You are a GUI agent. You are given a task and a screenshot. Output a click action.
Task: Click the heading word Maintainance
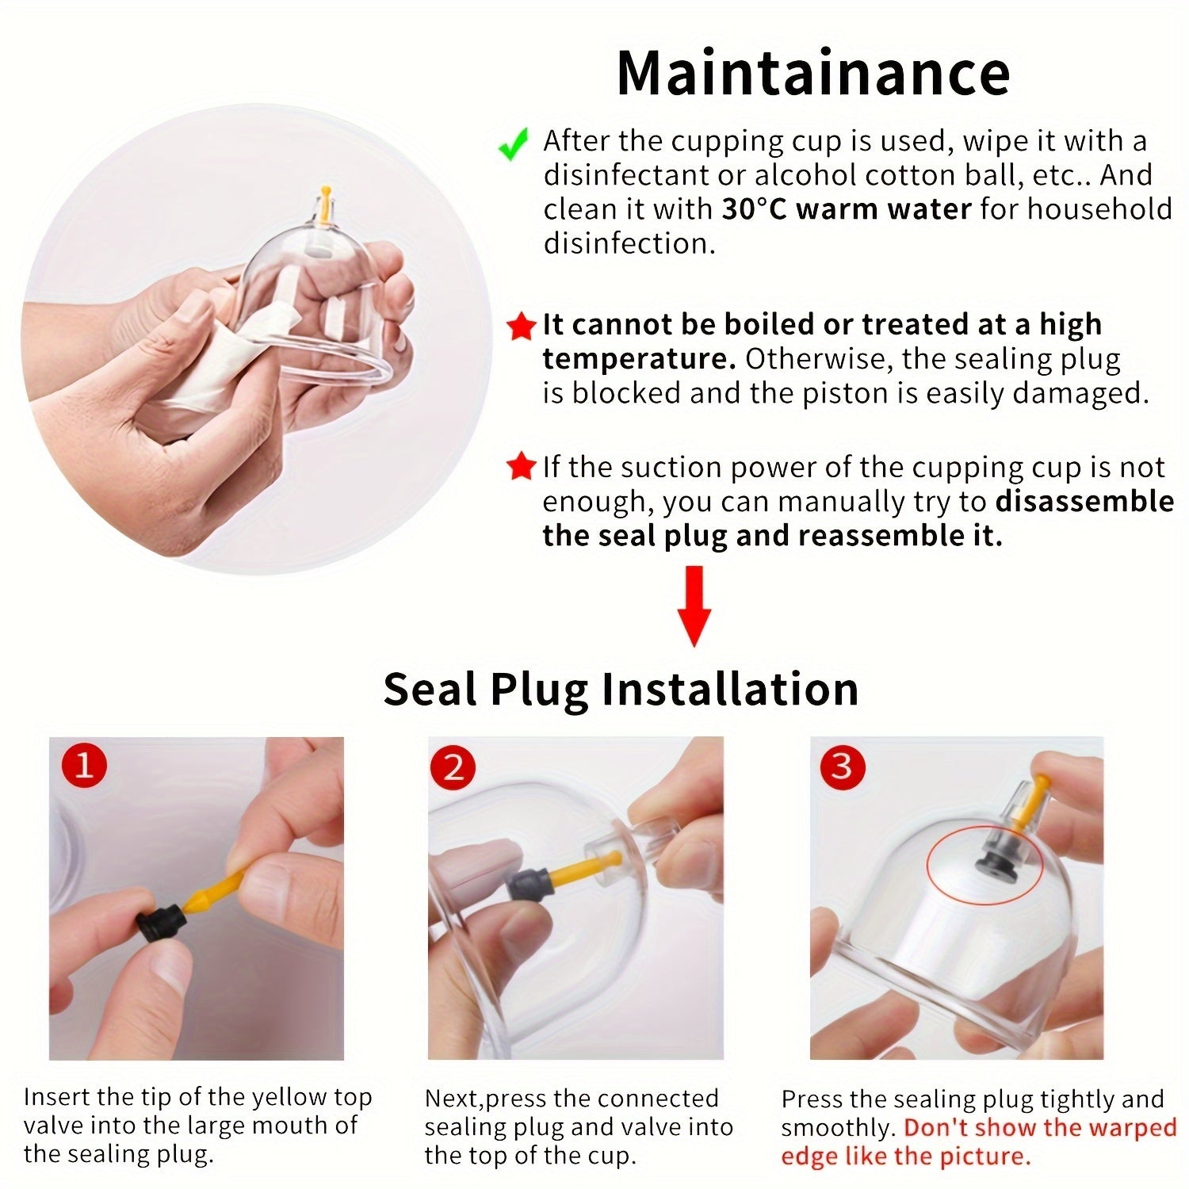coord(813,73)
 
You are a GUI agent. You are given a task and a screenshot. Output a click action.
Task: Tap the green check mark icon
coord(513,145)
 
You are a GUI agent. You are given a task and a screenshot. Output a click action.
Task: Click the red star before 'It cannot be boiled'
coord(520,327)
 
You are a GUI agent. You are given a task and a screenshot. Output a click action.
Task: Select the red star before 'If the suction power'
coord(521,467)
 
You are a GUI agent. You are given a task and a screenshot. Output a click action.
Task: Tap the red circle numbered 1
coord(83,767)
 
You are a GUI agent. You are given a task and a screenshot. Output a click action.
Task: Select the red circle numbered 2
coord(453,767)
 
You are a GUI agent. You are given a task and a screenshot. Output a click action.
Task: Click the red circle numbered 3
coord(842,767)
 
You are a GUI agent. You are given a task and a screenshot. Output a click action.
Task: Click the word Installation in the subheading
coord(730,689)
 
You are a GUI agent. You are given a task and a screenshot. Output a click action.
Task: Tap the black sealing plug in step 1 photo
coord(162,922)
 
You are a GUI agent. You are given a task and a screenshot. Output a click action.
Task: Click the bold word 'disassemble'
coord(1084,501)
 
